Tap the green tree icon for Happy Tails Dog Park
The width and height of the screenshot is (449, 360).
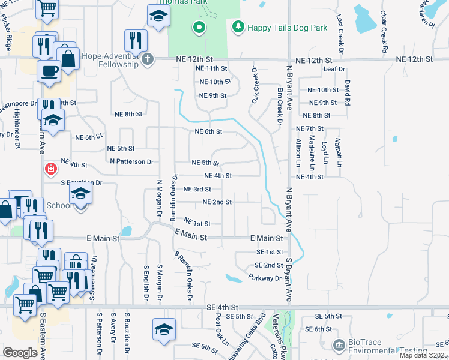coord(238,26)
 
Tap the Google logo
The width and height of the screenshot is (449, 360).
coord(20,352)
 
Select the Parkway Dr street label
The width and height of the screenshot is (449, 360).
coord(264,278)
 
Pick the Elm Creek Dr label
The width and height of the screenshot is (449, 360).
coord(280,104)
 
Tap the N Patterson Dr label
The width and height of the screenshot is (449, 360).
coord(132,162)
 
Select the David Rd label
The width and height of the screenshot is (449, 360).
coord(347,92)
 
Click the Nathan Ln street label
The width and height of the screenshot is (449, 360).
coord(339,152)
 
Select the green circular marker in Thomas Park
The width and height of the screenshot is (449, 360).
coord(199,27)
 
